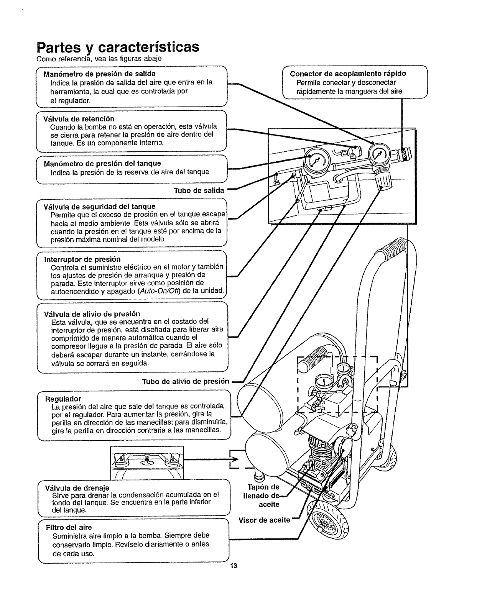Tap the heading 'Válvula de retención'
(x=79, y=119)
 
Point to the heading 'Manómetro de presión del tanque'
(x=102, y=164)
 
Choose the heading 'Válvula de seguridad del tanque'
(x=100, y=207)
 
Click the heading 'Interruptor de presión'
(x=82, y=259)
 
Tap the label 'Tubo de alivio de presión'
(x=186, y=381)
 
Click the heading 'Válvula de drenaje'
(x=77, y=488)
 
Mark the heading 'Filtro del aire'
(x=69, y=527)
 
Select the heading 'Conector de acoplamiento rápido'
(x=348, y=74)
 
